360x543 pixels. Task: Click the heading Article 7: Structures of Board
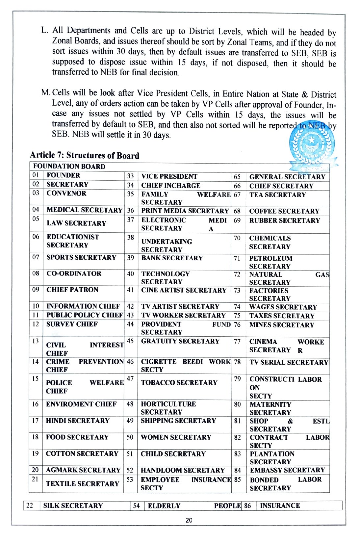point(85,155)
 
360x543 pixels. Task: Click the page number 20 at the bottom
point(189,520)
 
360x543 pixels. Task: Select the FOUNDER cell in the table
point(64,175)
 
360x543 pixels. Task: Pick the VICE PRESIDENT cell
point(169,176)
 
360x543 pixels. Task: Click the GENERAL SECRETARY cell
point(287,177)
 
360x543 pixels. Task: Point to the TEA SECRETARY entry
point(277,195)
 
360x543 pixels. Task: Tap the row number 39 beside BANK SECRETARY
point(131,258)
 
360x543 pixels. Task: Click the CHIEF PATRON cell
point(72,290)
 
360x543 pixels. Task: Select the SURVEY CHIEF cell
point(72,324)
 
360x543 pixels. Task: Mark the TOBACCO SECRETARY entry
point(179,383)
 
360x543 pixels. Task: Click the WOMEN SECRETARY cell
point(176,437)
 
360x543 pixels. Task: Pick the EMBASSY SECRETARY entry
point(287,470)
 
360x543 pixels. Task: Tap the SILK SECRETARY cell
point(73,505)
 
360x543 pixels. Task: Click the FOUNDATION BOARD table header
point(69,167)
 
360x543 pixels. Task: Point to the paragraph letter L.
point(44,30)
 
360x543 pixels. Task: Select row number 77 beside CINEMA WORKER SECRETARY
point(237,341)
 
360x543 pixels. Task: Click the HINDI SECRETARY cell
point(78,421)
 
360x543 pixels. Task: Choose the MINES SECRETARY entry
point(282,325)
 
